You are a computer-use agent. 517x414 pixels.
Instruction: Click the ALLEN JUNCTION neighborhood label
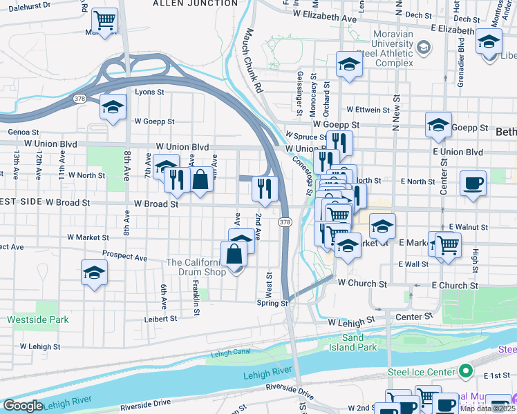[x=194, y=3]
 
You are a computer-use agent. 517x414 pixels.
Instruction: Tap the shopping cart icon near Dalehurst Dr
[x=104, y=21]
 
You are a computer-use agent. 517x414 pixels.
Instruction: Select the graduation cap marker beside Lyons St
[x=113, y=108]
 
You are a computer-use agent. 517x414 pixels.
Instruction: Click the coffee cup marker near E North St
[x=473, y=184]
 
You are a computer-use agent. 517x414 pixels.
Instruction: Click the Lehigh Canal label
[x=229, y=353]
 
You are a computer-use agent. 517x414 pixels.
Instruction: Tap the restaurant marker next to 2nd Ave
[x=264, y=188]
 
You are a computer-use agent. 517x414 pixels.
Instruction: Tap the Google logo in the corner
[x=23, y=406]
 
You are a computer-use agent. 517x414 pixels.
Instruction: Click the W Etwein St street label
[x=374, y=109]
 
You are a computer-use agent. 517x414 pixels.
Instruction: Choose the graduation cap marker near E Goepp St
[x=438, y=126]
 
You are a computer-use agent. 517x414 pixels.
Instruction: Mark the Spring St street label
[x=273, y=303]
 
